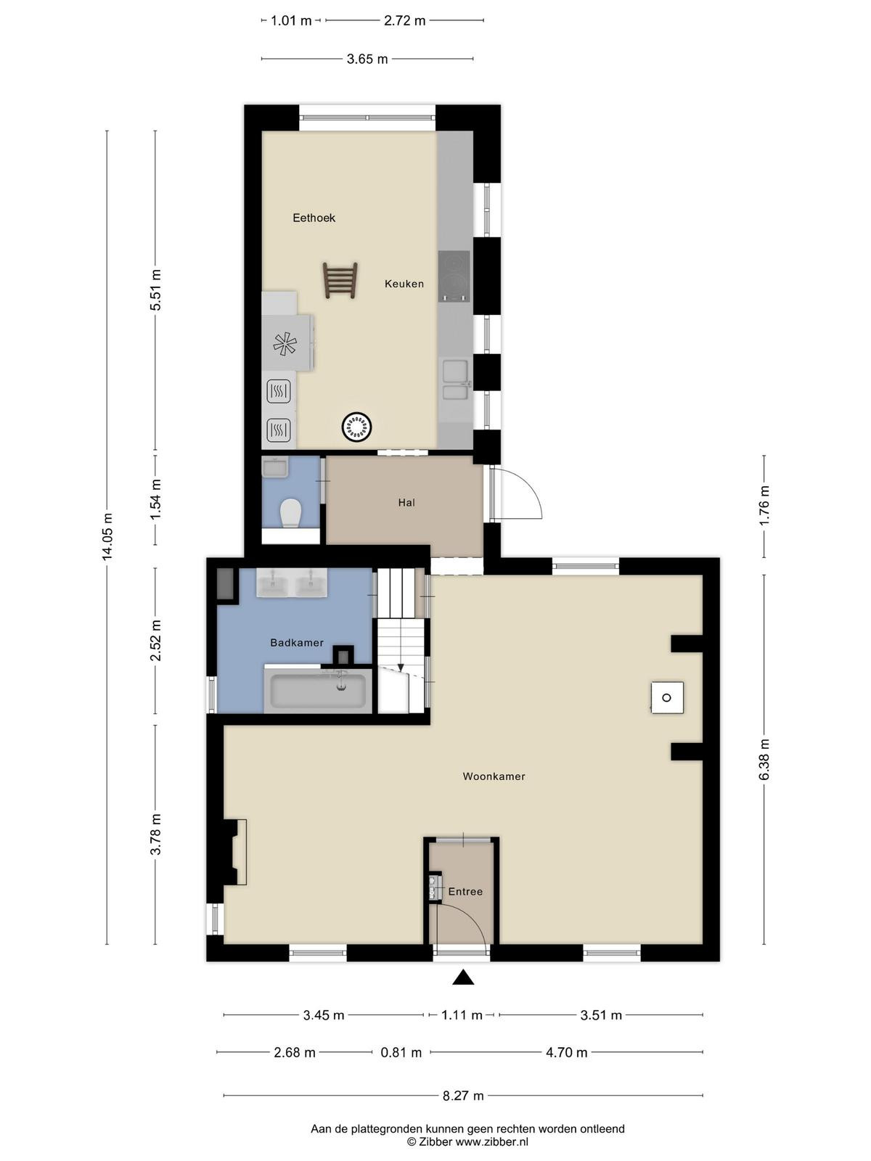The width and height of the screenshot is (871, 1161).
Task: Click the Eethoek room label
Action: pos(314,218)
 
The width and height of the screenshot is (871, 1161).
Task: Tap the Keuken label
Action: pos(404,284)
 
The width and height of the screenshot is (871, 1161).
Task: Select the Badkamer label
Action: pos(297,643)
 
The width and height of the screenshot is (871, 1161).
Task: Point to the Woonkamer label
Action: pos(494,776)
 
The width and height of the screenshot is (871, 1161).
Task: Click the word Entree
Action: pos(465,891)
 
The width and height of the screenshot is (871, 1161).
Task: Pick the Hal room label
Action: pos(406,502)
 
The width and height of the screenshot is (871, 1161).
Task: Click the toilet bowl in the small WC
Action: pos(290,513)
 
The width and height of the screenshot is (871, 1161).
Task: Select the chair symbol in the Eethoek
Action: pos(340,280)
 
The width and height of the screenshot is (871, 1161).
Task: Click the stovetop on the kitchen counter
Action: pos(454,276)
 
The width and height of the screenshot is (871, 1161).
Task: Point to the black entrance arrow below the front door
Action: pos(463,977)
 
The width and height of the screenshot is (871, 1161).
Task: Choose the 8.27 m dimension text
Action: pos(463,1096)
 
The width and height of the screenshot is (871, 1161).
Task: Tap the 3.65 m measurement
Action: pos(367,60)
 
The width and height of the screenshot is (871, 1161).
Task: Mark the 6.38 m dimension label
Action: pos(764,760)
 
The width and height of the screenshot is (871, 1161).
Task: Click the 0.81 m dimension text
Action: pos(401,1053)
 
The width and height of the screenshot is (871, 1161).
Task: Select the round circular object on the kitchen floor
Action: pos(358,427)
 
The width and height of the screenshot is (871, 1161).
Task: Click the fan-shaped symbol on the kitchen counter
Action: pos(285,342)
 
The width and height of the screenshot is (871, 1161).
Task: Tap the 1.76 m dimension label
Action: pos(764,506)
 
